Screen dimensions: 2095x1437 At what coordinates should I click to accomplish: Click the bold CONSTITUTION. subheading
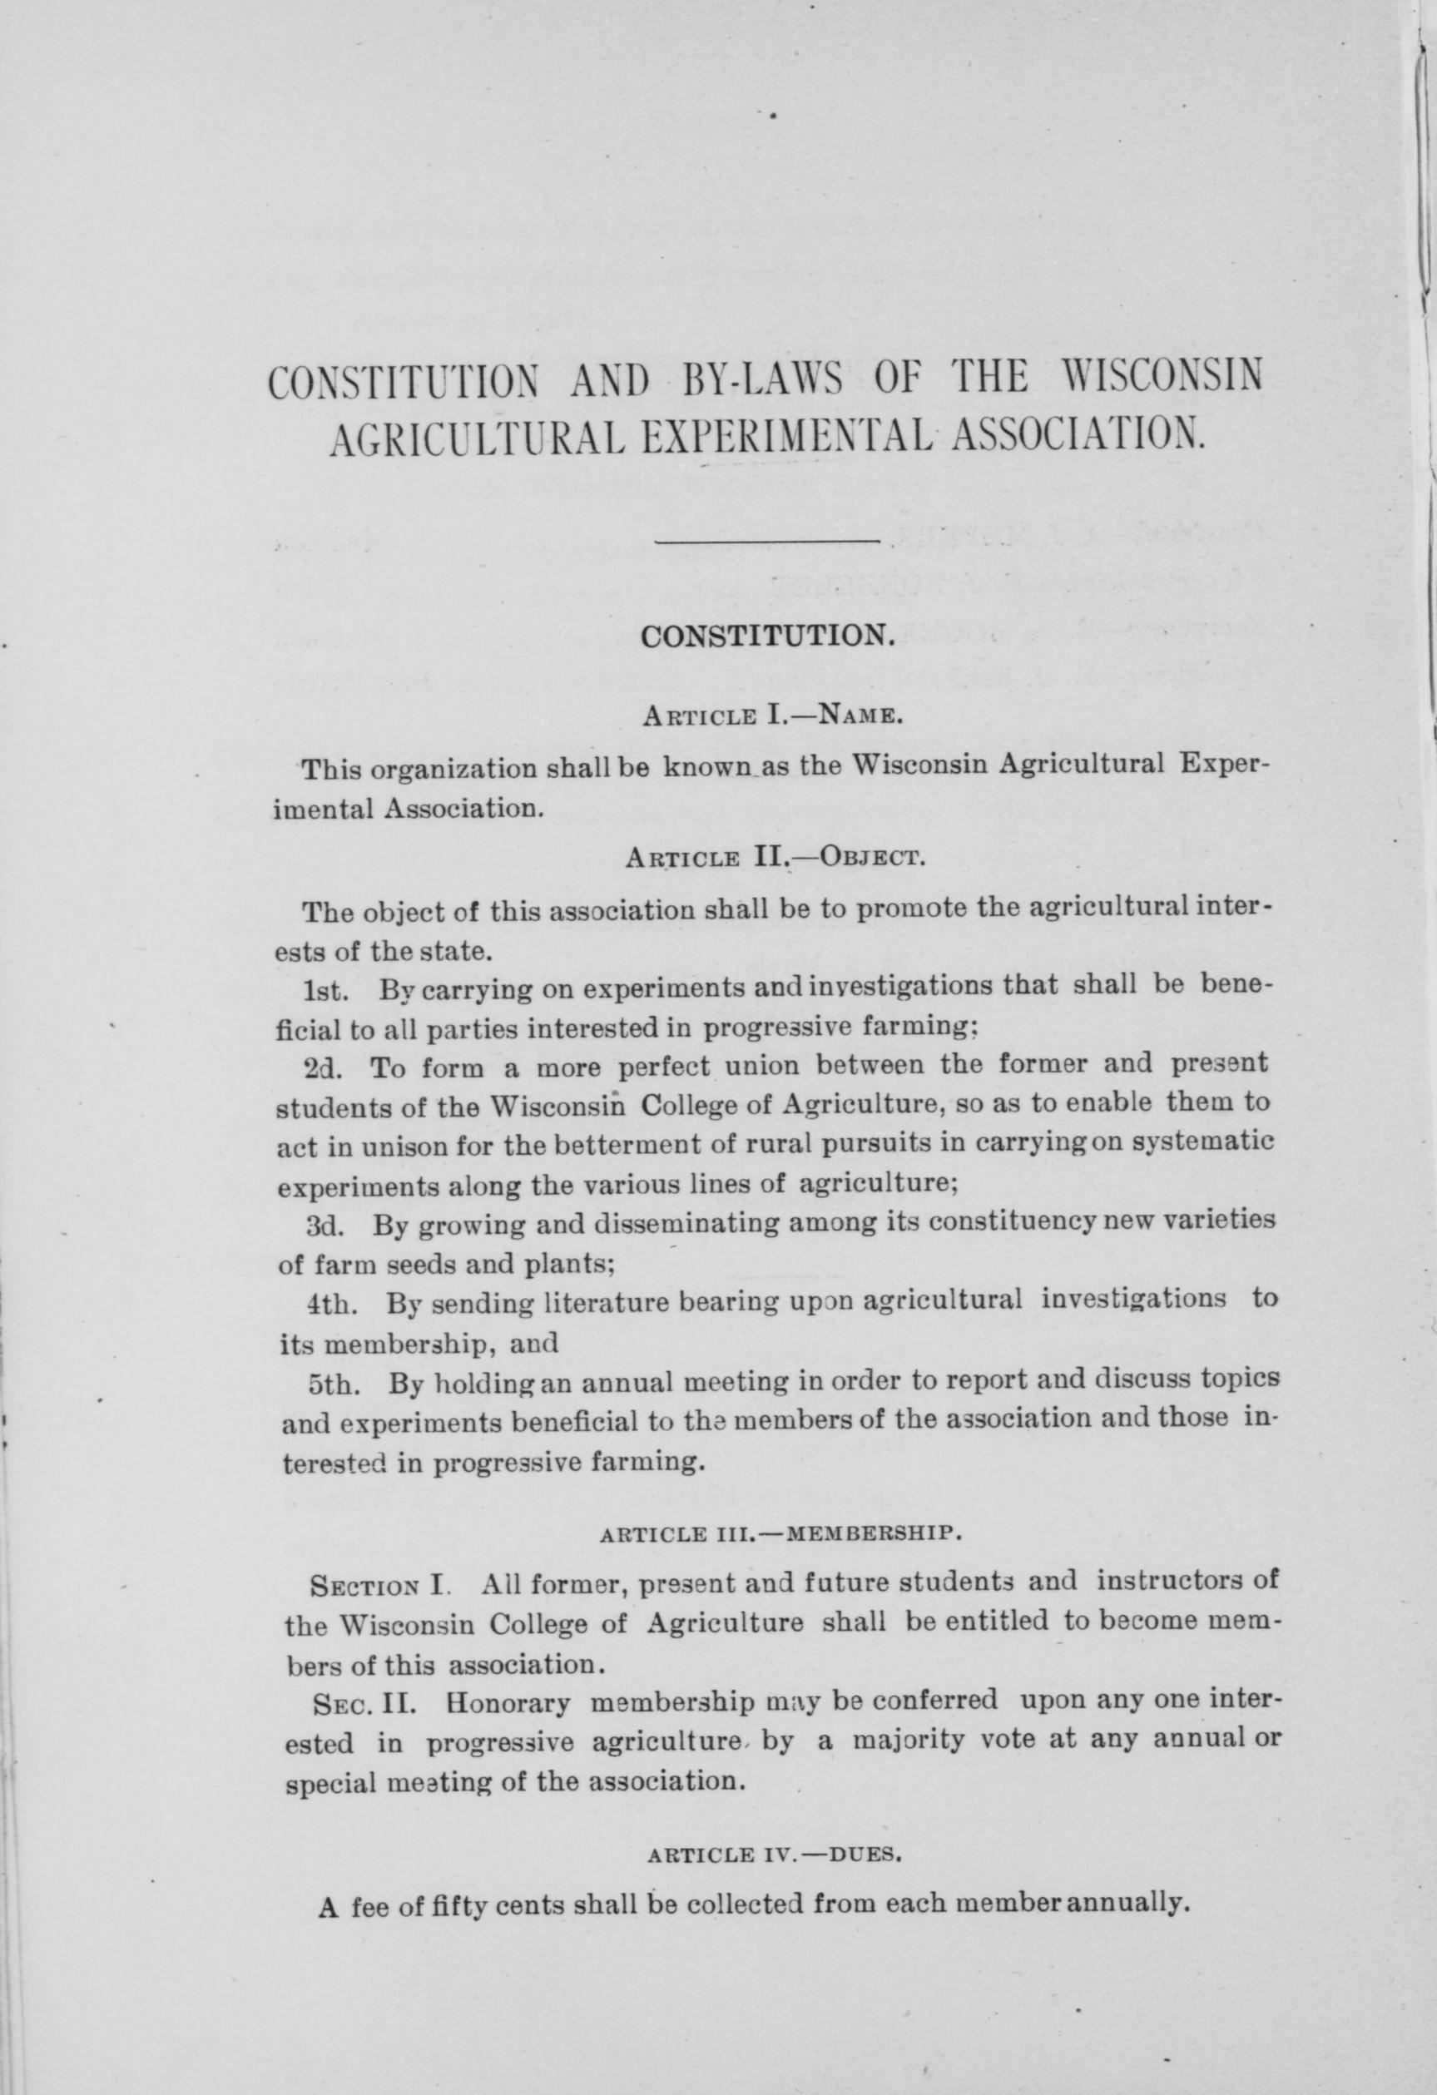766,636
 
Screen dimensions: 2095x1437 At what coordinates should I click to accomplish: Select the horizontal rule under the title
767,542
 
